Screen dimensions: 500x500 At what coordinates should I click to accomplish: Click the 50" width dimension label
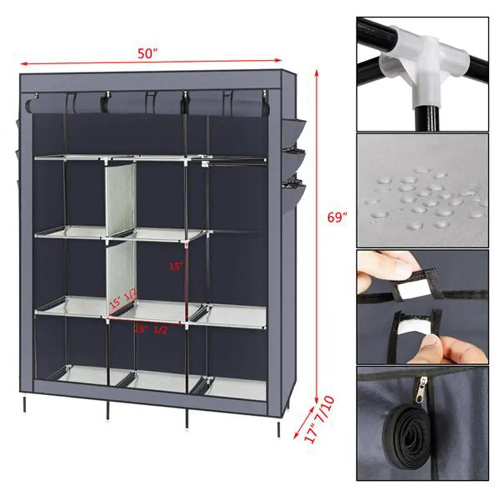pos(148,54)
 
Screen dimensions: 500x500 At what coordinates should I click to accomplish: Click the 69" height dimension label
pos(335,218)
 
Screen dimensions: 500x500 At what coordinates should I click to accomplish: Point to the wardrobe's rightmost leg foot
pos(278,434)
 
